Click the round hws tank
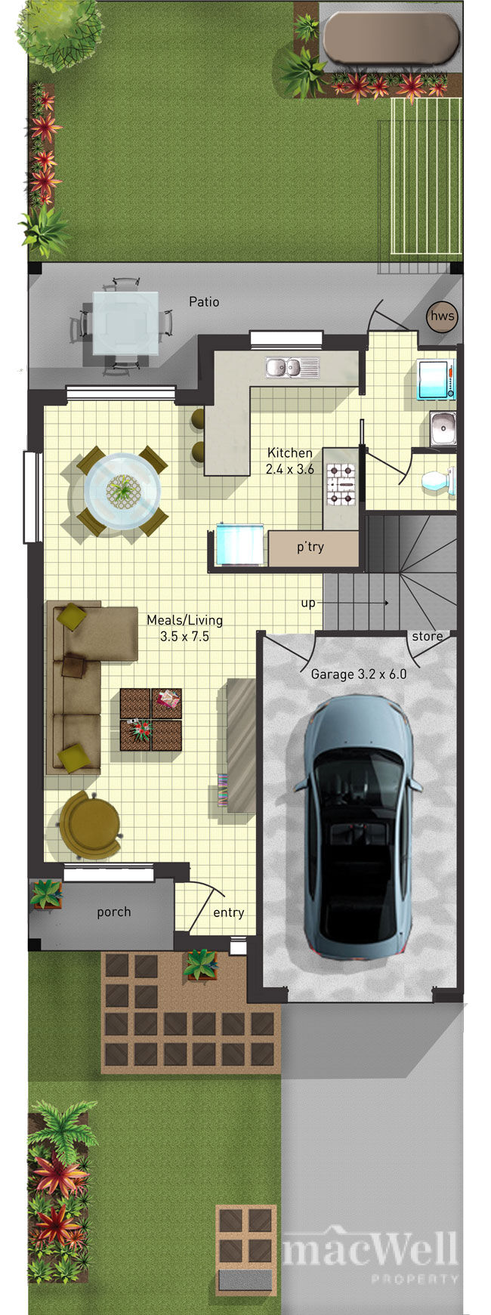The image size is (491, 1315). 441,316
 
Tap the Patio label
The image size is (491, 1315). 204,302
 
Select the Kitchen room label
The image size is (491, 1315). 290,452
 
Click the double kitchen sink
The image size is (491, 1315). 292,367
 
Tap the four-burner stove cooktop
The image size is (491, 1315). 341,484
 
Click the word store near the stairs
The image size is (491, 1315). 428,636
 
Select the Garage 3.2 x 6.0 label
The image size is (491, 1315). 359,674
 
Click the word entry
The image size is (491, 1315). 228,912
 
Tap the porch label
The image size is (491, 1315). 114,912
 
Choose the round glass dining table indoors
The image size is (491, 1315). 122,490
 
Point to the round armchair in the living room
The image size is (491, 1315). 89,826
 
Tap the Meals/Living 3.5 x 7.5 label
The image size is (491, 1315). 184,628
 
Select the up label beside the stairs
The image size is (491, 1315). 308,603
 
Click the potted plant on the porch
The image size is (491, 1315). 46,894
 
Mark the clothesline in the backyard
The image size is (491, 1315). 425,177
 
